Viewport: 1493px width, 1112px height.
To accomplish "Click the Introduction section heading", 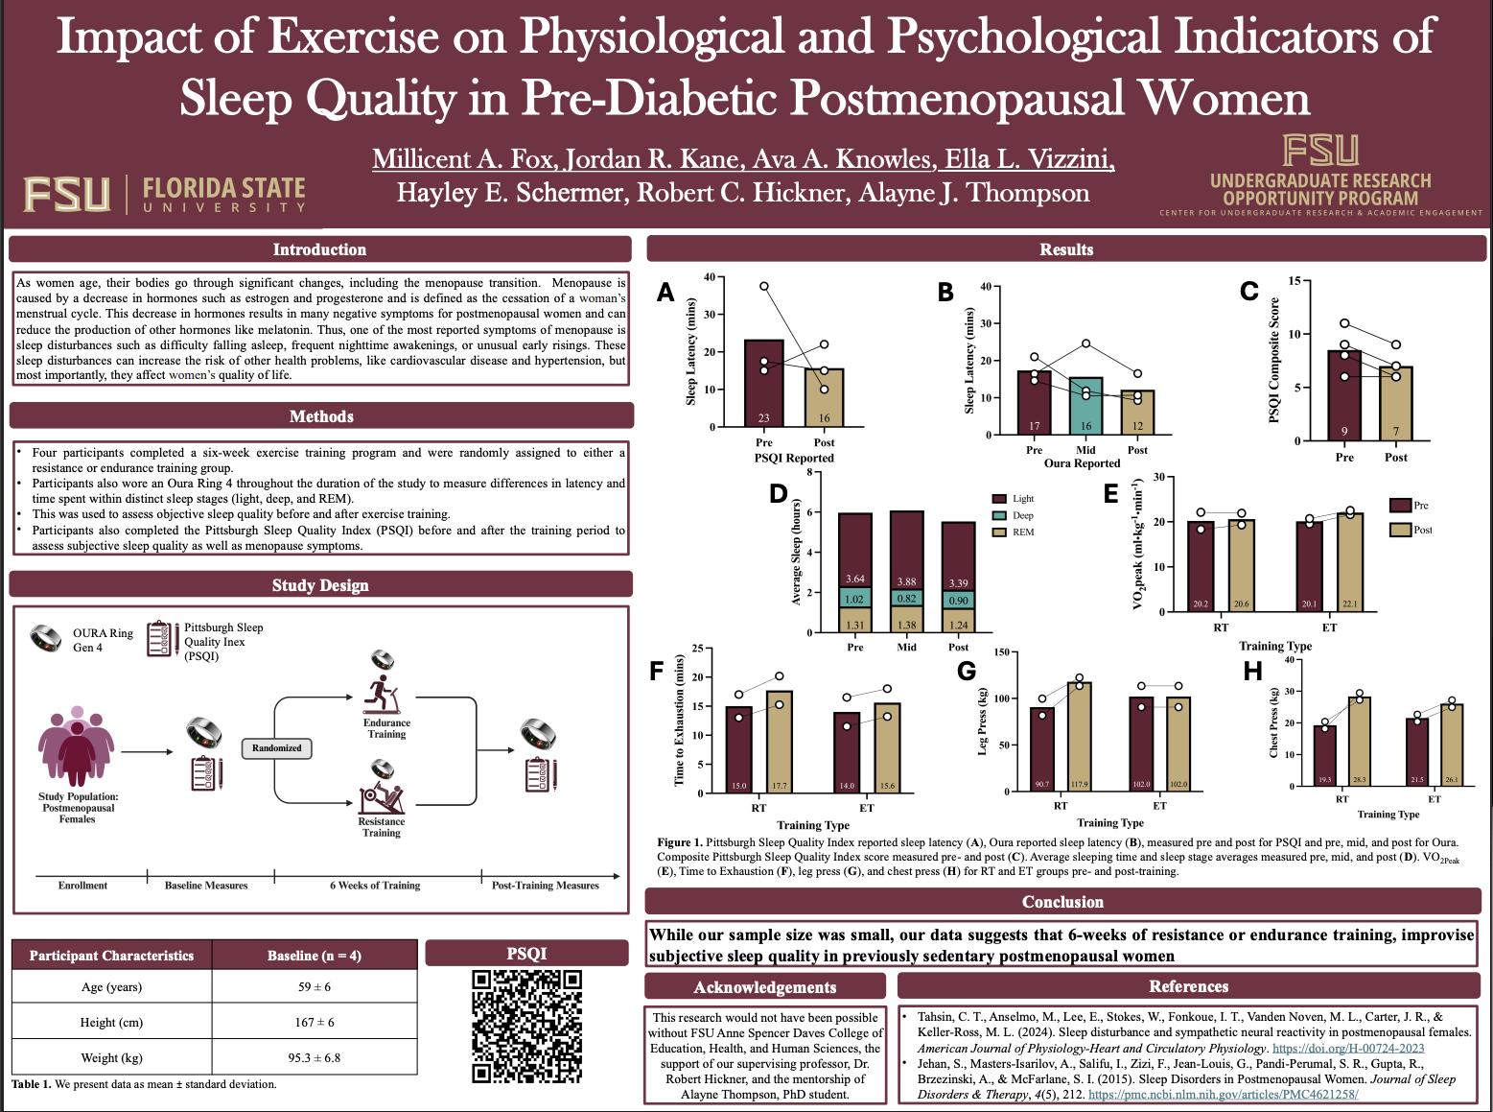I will [x=319, y=249].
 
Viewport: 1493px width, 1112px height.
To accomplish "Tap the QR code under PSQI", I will [x=526, y=1026].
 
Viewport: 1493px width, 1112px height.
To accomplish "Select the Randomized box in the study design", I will [x=276, y=747].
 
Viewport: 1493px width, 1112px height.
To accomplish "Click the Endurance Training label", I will [x=386, y=728].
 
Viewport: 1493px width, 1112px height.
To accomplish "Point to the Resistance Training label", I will [x=381, y=827].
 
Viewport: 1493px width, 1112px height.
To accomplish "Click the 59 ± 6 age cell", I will [x=314, y=986].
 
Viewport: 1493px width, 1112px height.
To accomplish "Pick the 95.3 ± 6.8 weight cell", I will [x=314, y=1057].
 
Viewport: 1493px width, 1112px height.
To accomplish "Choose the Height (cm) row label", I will [x=111, y=1022].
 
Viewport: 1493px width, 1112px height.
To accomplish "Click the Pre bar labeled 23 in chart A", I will [x=763, y=384].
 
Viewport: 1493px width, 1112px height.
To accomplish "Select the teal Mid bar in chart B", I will [x=1085, y=406].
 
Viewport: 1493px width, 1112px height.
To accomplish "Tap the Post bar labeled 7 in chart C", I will [x=1396, y=404].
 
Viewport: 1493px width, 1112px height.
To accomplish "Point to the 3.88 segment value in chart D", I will [x=906, y=581].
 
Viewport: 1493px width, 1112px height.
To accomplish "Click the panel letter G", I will [x=967, y=671].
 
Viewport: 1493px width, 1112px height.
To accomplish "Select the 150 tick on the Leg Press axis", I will [x=1000, y=652].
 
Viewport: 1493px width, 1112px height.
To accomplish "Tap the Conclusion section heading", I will [x=1062, y=902].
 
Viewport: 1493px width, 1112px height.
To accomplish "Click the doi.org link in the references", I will [x=1347, y=1049].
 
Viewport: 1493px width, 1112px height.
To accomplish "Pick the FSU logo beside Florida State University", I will [x=67, y=194].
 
